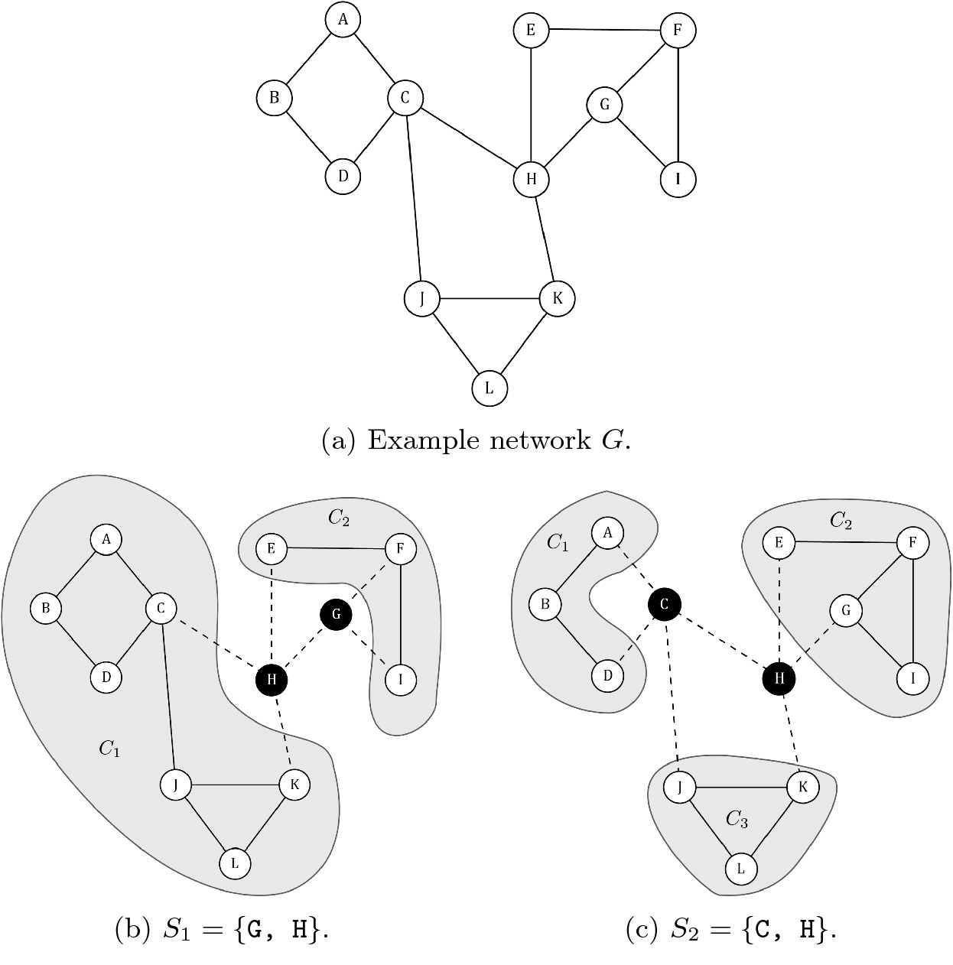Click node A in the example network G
click(343, 20)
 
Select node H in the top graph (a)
click(531, 179)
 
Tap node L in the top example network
click(490, 388)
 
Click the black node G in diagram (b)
click(337, 613)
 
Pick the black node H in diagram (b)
click(272, 678)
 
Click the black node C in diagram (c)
click(664, 605)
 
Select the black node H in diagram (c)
click(779, 678)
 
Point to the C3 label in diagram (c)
click(737, 820)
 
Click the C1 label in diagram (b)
click(109, 749)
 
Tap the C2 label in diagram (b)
click(339, 518)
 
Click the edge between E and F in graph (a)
click(604, 31)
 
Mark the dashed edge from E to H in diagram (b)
click(271, 612)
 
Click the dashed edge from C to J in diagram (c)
click(672, 696)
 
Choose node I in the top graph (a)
click(678, 179)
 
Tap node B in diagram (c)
click(545, 605)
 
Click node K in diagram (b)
click(294, 784)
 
